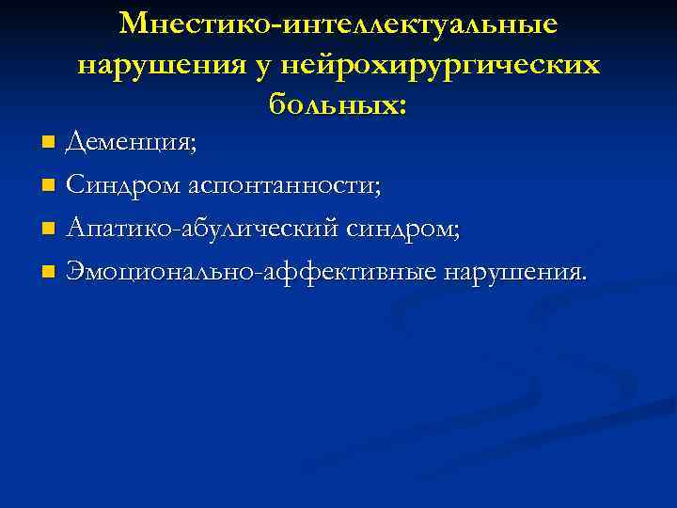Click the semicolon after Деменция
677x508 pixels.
(x=194, y=147)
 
